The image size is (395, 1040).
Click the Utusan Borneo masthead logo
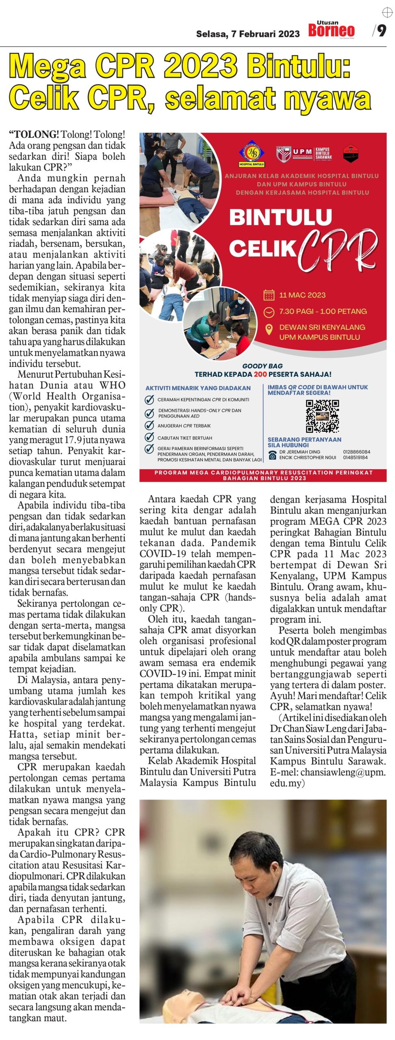click(x=331, y=29)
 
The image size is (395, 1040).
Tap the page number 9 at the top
click(x=381, y=30)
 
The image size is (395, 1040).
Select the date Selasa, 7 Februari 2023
click(x=247, y=34)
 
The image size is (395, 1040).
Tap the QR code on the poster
click(x=322, y=416)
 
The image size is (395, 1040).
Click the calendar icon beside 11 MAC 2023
click(x=269, y=295)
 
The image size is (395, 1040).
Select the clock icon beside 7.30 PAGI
click(x=269, y=312)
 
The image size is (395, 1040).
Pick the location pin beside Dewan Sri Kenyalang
click(x=269, y=329)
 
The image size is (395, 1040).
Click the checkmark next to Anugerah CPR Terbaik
click(x=149, y=425)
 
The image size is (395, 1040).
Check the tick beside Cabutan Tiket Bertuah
click(x=149, y=438)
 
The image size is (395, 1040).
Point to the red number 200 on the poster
click(x=260, y=374)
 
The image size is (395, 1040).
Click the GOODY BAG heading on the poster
click(x=263, y=366)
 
